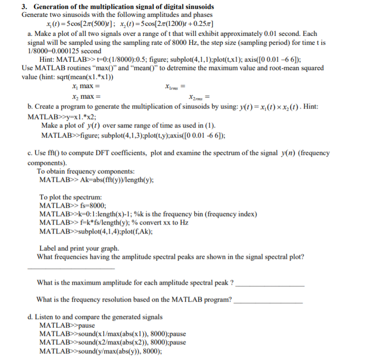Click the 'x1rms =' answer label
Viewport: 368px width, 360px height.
(175, 86)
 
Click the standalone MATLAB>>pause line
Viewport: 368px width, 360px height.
(64, 325)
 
